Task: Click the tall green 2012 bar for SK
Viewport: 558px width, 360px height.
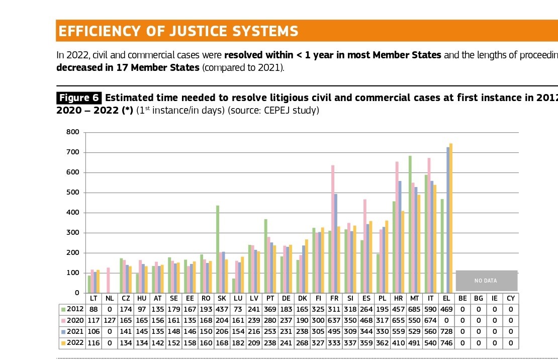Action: point(218,249)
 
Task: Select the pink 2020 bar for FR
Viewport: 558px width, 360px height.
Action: point(333,229)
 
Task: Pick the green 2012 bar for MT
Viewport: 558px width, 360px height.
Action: point(410,224)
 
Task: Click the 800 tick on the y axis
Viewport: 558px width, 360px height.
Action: point(72,132)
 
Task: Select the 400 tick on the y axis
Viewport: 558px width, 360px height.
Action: point(72,213)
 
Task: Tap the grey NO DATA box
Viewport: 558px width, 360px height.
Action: point(486,281)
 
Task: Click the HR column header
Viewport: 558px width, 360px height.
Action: point(399,298)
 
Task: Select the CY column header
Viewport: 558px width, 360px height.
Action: point(511,298)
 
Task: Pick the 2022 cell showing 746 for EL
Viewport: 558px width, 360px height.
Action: point(446,343)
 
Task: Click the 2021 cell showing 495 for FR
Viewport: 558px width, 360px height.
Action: point(334,332)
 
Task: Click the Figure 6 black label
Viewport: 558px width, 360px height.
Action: point(79,98)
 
